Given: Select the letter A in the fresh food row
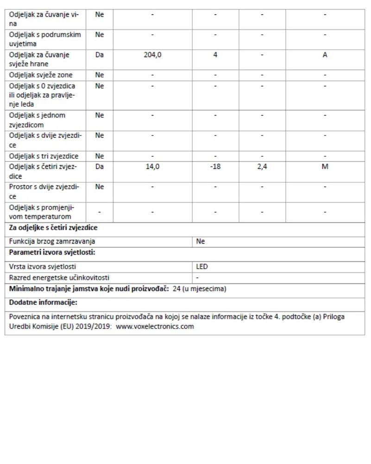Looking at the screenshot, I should click(325, 55).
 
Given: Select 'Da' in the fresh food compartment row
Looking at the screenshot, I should click(99, 55).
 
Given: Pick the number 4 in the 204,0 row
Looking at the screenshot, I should click(215, 55).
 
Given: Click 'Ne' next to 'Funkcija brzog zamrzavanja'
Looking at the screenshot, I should click(201, 242).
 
